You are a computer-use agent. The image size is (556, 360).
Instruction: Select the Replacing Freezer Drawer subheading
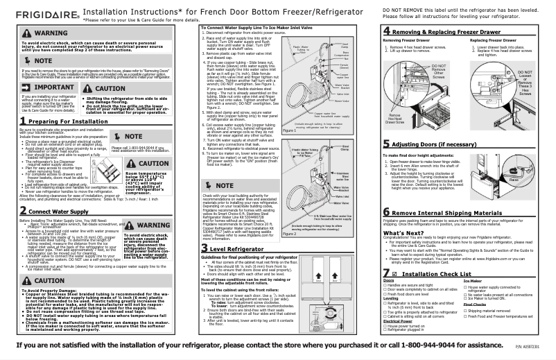tap(494, 42)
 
